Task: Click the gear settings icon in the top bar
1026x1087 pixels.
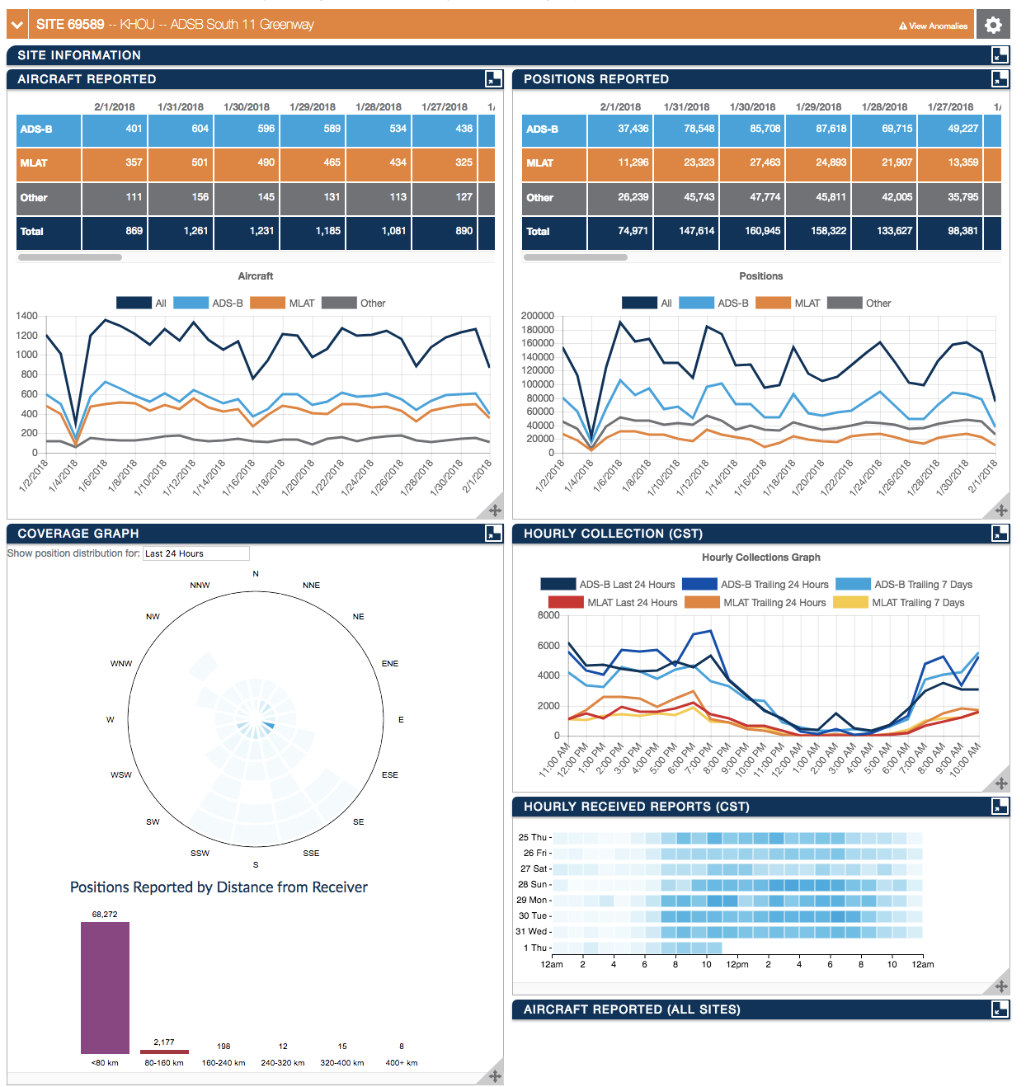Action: coord(993,25)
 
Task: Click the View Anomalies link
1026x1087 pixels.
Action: coord(933,26)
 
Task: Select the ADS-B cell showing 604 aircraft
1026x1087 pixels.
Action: coord(181,129)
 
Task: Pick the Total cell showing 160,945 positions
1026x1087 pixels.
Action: coord(752,232)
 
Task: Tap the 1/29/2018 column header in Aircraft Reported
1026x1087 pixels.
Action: coord(312,107)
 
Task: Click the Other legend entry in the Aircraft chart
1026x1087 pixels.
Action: coord(355,304)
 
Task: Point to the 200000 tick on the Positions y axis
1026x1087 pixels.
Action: coord(537,316)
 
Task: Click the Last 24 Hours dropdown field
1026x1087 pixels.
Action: coord(195,553)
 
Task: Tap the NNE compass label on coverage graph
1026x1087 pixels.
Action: coord(311,586)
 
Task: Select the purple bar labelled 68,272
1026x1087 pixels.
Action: coord(105,986)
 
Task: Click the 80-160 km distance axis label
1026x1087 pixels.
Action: coord(164,1063)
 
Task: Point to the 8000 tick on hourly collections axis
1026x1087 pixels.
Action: coord(548,615)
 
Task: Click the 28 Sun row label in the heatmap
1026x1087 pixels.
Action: coord(534,885)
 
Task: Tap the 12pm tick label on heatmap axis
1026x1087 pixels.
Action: coord(737,965)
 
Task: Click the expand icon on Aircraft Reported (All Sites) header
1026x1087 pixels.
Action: coord(1000,1009)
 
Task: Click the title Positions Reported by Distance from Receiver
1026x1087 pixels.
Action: coord(219,887)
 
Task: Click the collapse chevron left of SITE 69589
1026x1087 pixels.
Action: coord(16,25)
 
